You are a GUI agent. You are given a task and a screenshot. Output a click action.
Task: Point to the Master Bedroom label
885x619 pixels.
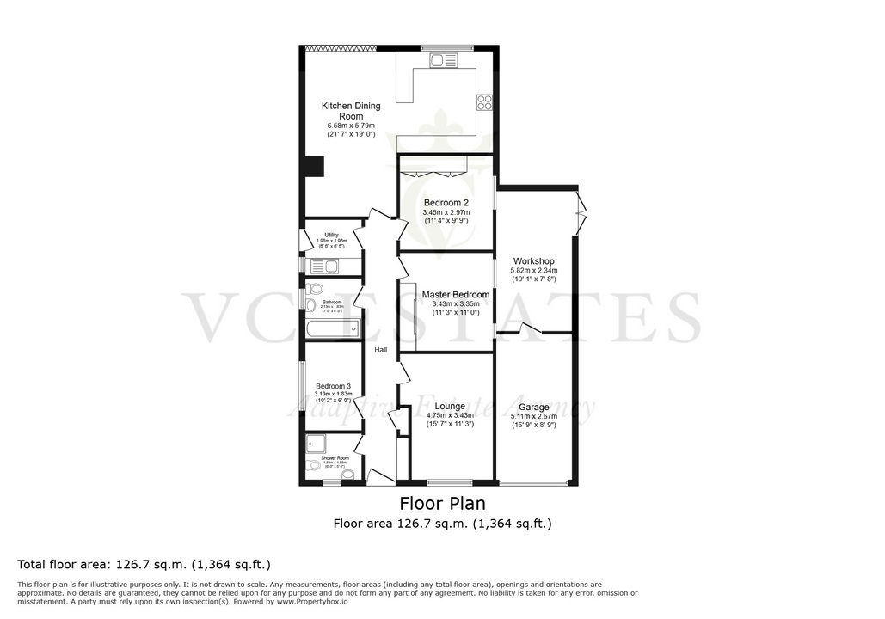coord(455,295)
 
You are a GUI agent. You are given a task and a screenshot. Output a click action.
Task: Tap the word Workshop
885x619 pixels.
coord(533,261)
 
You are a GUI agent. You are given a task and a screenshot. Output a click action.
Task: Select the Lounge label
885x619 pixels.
coord(450,406)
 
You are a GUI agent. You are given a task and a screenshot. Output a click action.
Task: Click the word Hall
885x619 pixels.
coord(380,350)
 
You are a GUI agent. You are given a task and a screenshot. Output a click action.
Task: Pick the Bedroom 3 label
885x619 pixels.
coord(332,386)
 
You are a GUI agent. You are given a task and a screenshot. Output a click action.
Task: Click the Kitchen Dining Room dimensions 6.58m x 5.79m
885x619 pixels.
coord(350,126)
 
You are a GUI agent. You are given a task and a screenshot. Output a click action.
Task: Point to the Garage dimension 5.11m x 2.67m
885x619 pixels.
coord(533,416)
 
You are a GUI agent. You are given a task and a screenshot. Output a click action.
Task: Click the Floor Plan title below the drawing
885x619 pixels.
coord(442,503)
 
